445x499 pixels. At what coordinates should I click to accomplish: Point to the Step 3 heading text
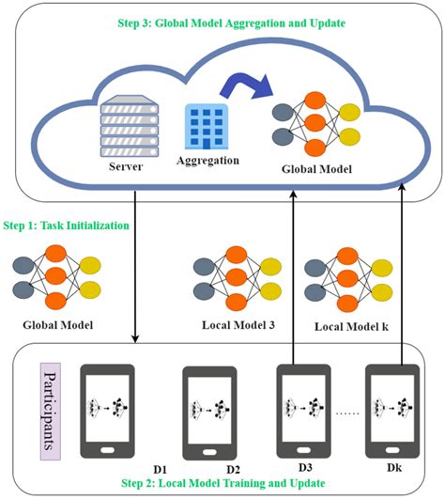pos(222,22)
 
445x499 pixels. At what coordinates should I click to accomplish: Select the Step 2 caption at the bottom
pos(222,482)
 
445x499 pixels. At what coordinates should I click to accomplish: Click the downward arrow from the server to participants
pos(138,263)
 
